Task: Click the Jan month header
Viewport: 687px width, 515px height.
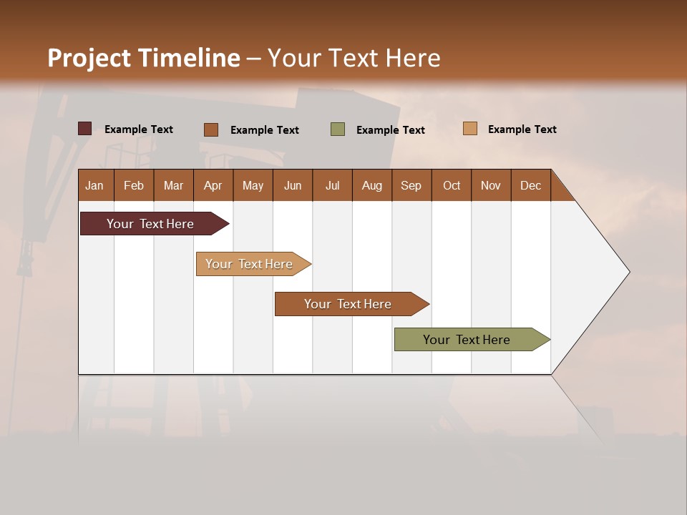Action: [94, 185]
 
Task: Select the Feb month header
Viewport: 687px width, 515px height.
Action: [134, 185]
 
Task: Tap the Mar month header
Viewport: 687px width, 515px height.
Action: [173, 185]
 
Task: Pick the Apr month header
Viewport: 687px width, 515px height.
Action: [213, 185]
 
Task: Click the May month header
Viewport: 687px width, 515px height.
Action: [253, 185]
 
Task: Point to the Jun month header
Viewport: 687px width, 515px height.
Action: [293, 185]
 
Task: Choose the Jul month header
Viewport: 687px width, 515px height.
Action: [332, 185]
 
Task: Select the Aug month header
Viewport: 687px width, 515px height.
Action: [372, 185]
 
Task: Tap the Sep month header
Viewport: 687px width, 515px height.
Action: [411, 185]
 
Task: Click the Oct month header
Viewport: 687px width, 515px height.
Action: [452, 185]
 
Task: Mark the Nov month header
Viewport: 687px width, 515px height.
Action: [491, 185]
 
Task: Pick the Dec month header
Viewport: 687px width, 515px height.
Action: [531, 185]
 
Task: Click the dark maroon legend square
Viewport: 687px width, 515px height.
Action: [85, 129]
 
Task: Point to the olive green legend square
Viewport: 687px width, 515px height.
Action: [338, 129]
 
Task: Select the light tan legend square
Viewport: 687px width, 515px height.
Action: [470, 129]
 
